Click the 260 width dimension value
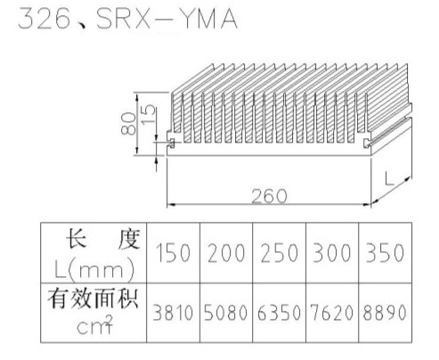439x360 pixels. (x=269, y=196)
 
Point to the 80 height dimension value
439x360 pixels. (x=129, y=124)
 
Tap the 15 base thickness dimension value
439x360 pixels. (x=149, y=114)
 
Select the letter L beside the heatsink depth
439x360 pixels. (x=389, y=178)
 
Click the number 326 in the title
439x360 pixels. (x=45, y=19)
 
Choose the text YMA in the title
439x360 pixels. (x=208, y=19)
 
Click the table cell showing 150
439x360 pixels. (x=173, y=253)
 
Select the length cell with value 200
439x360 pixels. (x=226, y=253)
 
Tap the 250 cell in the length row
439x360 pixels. (x=279, y=253)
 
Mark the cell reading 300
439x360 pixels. (x=332, y=253)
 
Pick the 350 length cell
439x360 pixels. (x=385, y=253)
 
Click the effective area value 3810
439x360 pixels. (x=173, y=313)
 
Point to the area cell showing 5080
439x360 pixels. (x=226, y=313)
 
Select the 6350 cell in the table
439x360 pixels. (x=279, y=313)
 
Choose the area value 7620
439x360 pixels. (x=332, y=313)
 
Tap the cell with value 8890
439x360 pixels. (x=385, y=313)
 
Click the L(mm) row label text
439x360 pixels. (x=94, y=269)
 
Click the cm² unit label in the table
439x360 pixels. (x=94, y=325)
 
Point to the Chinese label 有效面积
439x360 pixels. (x=93, y=298)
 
